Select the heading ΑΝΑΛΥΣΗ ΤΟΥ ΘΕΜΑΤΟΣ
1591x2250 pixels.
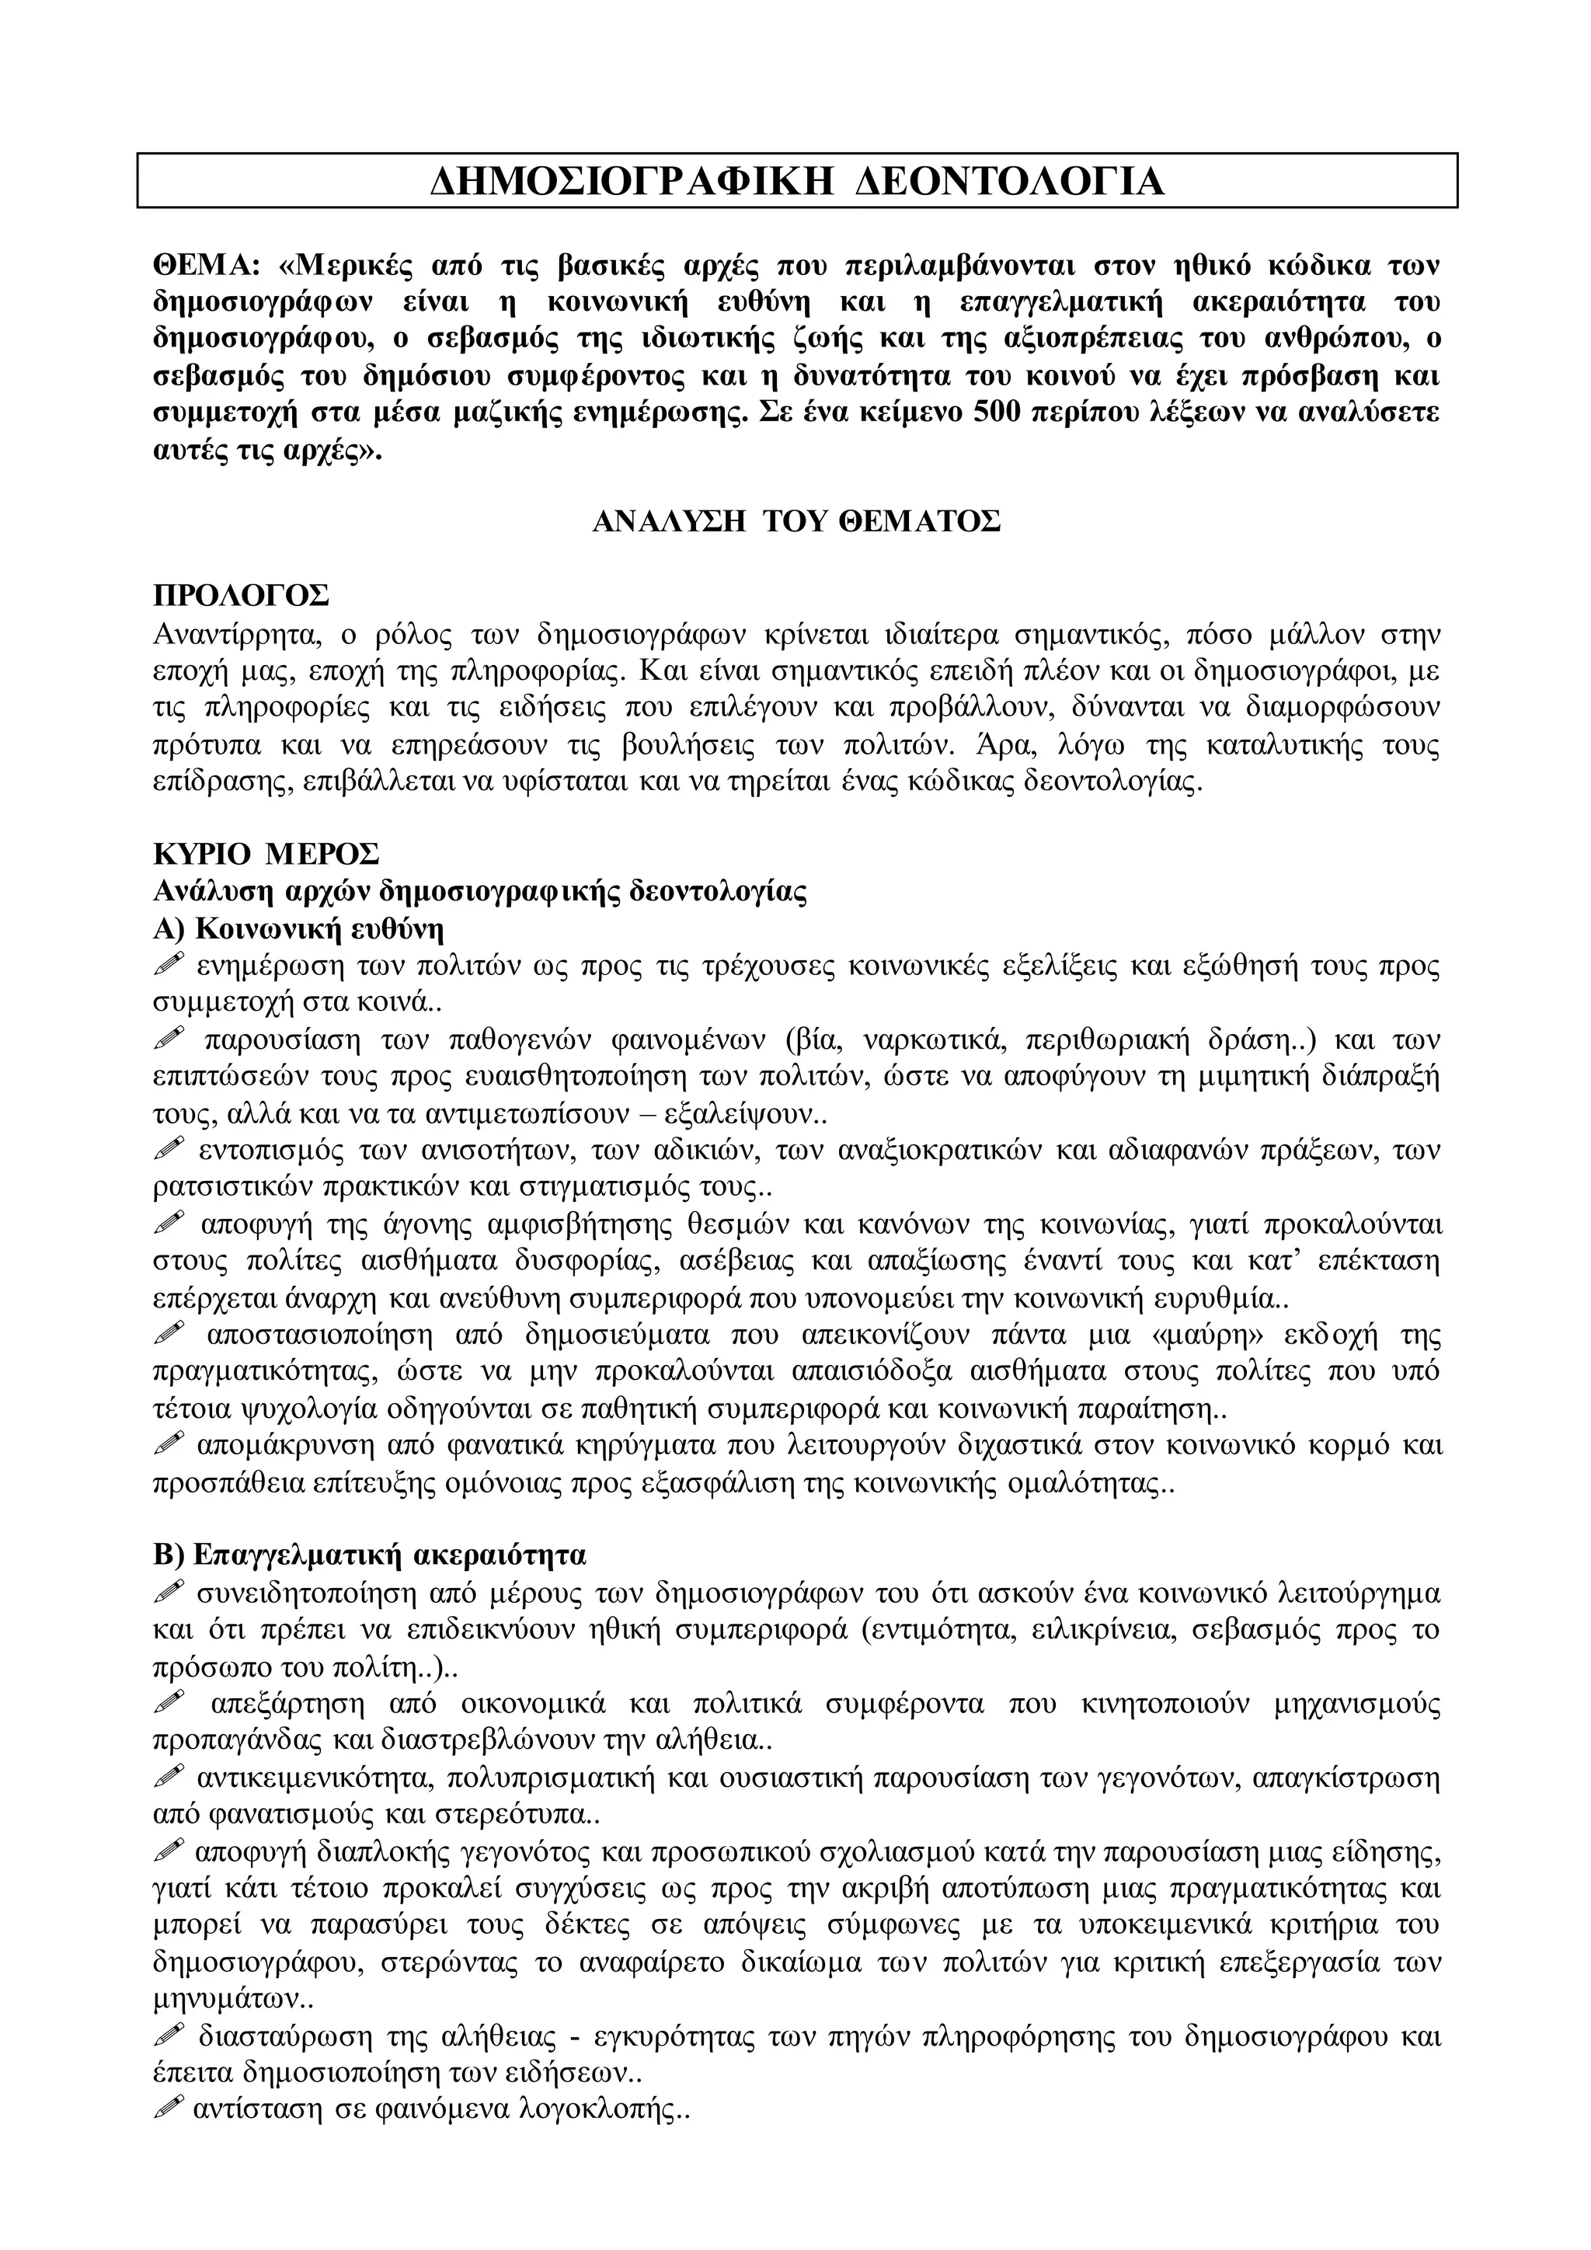(795, 521)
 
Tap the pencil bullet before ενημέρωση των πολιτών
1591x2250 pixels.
(169, 965)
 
